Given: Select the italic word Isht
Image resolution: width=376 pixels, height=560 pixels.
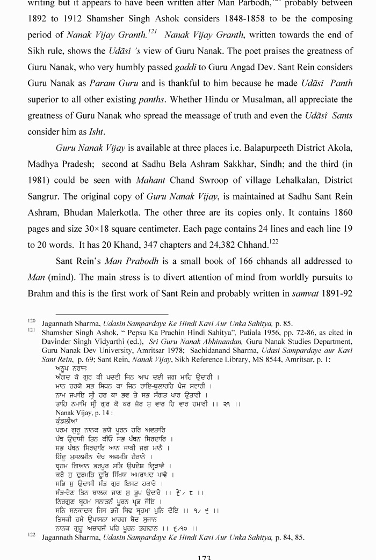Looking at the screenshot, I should tap(97, 131).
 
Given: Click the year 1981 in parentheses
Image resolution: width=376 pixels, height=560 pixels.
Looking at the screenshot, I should tap(40, 180).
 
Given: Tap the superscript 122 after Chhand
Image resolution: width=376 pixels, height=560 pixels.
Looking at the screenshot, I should tap(275, 242).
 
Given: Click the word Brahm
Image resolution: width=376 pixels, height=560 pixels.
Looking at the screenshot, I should tap(41, 293).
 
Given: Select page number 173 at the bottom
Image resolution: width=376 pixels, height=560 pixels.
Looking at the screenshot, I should tap(204, 557).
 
